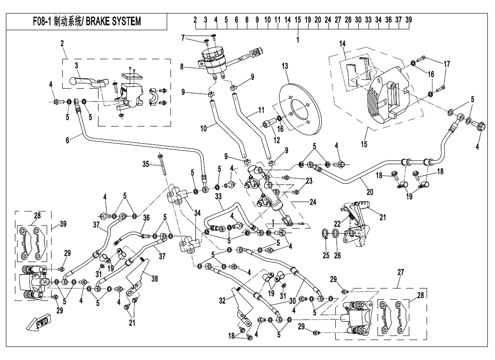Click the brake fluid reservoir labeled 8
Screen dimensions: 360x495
(214, 63)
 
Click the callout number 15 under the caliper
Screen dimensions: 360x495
(364, 144)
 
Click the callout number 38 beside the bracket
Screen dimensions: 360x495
(154, 279)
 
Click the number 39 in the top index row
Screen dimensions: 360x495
(409, 20)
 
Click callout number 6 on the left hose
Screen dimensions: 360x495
(67, 141)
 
